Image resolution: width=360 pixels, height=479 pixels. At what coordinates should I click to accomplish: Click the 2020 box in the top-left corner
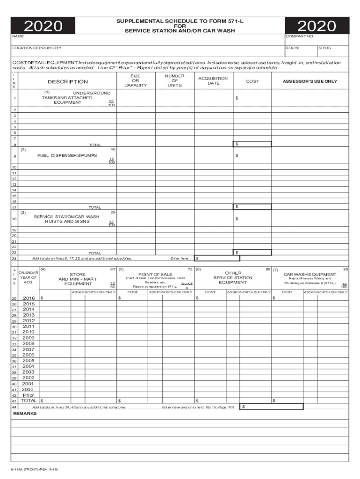pos(44,26)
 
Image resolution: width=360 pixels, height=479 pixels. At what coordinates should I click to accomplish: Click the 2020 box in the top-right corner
pos(317,26)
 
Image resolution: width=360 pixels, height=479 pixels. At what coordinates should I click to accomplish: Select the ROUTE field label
pos(293,48)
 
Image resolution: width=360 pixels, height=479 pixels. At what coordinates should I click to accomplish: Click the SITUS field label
pos(324,48)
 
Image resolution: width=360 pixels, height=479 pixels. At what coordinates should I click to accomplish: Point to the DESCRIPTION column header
pos(67,82)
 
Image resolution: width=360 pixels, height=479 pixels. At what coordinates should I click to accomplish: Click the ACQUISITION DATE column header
pos(213,81)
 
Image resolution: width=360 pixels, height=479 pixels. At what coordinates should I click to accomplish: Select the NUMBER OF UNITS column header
pos(174,80)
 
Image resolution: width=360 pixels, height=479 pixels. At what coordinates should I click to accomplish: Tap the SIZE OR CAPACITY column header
pos(135,80)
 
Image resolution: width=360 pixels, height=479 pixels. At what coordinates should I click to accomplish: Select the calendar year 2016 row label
pos(29,298)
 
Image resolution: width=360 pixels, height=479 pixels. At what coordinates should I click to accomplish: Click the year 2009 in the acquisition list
pos(29,338)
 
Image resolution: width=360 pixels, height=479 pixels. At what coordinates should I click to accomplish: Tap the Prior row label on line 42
pos(29,395)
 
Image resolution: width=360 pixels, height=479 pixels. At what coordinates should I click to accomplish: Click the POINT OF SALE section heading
pos(156,274)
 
